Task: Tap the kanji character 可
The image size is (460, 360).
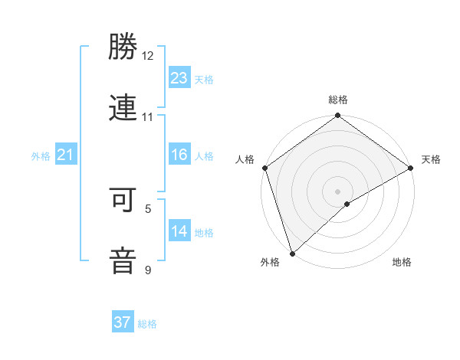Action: (123, 201)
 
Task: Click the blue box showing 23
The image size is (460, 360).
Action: (179, 77)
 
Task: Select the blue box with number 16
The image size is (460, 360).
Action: (179, 155)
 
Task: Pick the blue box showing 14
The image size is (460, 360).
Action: (179, 231)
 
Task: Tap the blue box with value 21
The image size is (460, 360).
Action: (66, 155)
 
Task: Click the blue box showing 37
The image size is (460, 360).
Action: (122, 322)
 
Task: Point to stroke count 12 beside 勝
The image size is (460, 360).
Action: (148, 57)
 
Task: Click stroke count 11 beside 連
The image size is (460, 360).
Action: (148, 117)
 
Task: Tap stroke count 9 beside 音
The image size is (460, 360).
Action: (148, 270)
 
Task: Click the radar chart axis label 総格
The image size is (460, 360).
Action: (338, 100)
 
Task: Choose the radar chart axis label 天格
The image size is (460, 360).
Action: (431, 159)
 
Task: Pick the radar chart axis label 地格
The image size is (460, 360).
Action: (402, 263)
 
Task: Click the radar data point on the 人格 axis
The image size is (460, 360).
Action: (264, 168)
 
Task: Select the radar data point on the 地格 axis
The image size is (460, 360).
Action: (347, 204)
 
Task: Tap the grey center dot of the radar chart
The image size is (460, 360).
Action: (338, 191)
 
